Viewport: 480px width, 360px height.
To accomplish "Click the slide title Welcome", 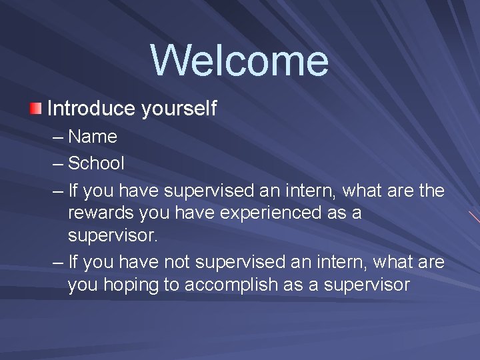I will point(239,60).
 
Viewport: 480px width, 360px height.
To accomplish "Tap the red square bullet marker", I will point(36,108).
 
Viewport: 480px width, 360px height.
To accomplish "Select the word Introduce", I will point(91,108).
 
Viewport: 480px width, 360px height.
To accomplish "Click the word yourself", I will point(179,109).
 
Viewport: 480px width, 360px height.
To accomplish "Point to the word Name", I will point(93,137).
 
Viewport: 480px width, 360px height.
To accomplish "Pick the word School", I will point(96,163).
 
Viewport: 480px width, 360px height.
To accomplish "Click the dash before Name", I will point(58,137).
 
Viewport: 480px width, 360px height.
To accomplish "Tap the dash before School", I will point(58,163).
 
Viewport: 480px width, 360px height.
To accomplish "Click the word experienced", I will point(262,214).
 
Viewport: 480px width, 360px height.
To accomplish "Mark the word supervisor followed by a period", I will point(115,237).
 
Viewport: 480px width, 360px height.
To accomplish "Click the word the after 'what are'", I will point(429,191).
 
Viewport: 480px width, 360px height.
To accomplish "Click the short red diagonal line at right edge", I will point(473,217).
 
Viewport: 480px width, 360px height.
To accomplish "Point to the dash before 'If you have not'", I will point(58,261).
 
